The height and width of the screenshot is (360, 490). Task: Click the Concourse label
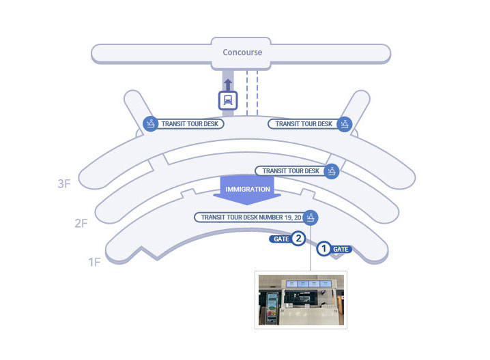tap(242, 52)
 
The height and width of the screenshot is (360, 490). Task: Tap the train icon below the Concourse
tap(228, 100)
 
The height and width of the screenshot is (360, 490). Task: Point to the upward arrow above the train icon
tap(228, 84)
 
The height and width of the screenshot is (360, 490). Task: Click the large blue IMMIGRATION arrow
tap(248, 191)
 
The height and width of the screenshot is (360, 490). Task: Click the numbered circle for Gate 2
tap(298, 239)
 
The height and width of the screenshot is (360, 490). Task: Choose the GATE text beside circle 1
tap(341, 250)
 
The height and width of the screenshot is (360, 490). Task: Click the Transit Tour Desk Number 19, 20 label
tap(250, 217)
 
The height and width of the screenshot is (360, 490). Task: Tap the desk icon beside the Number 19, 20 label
tap(311, 217)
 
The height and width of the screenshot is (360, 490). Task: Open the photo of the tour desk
tap(301, 300)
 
